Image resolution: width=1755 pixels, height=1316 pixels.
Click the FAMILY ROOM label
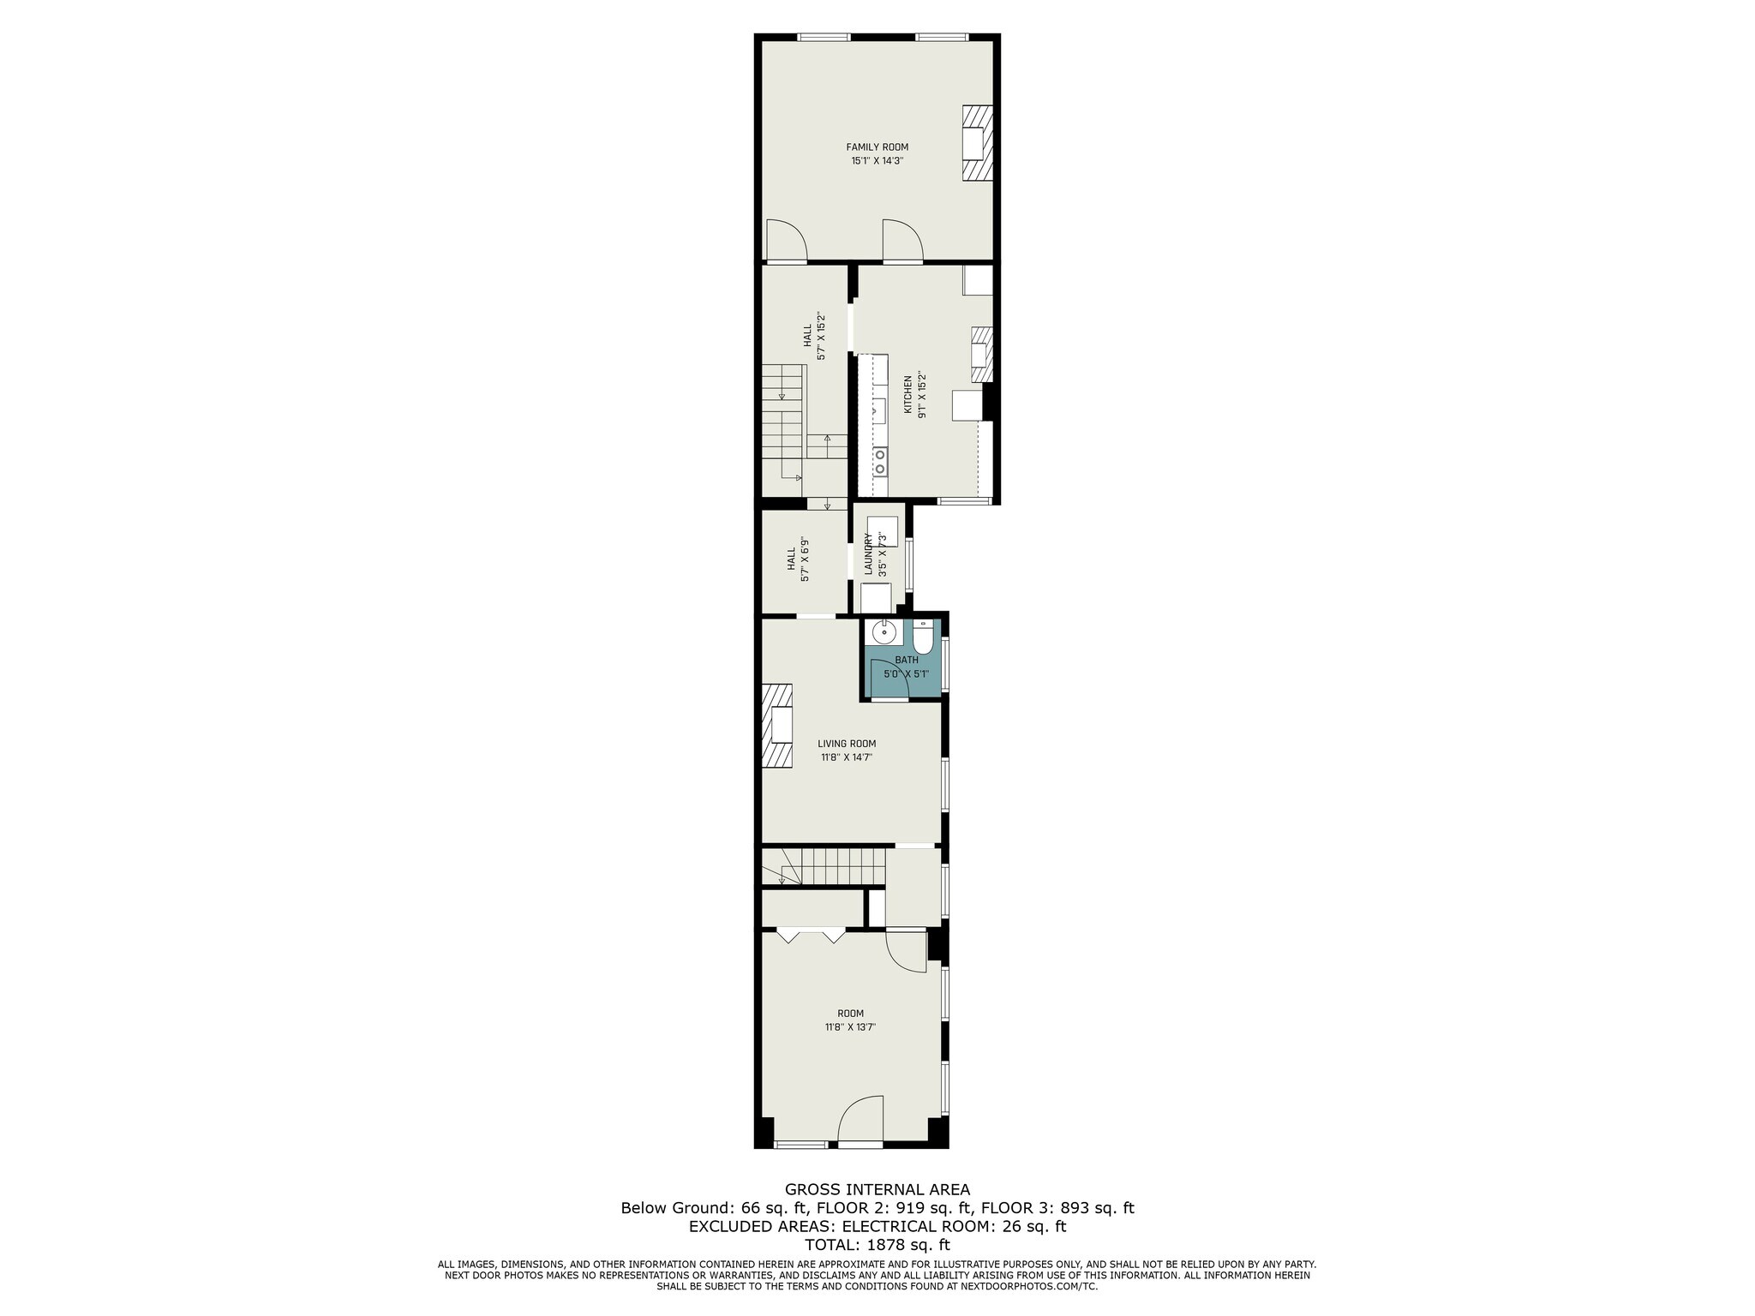click(877, 147)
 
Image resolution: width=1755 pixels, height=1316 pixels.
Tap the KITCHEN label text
click(908, 394)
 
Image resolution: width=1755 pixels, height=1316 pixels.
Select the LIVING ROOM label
click(847, 744)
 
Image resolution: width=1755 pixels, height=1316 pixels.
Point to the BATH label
click(907, 660)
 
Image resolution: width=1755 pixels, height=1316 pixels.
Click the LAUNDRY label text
click(868, 553)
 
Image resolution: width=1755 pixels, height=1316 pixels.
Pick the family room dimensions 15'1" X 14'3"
click(877, 160)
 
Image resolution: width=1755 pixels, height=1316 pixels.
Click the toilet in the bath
click(923, 638)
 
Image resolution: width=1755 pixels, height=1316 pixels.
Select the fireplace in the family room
click(978, 143)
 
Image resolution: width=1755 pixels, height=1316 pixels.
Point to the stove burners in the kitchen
click(880, 462)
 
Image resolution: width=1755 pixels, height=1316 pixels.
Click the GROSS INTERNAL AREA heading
click(877, 1189)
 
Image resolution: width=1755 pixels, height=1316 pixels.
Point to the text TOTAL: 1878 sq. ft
click(877, 1245)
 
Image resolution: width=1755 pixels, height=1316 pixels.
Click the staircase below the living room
click(824, 866)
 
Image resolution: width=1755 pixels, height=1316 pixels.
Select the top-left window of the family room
click(824, 37)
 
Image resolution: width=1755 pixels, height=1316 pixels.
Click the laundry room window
click(910, 563)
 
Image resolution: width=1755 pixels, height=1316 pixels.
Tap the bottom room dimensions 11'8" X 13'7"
click(850, 1026)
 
